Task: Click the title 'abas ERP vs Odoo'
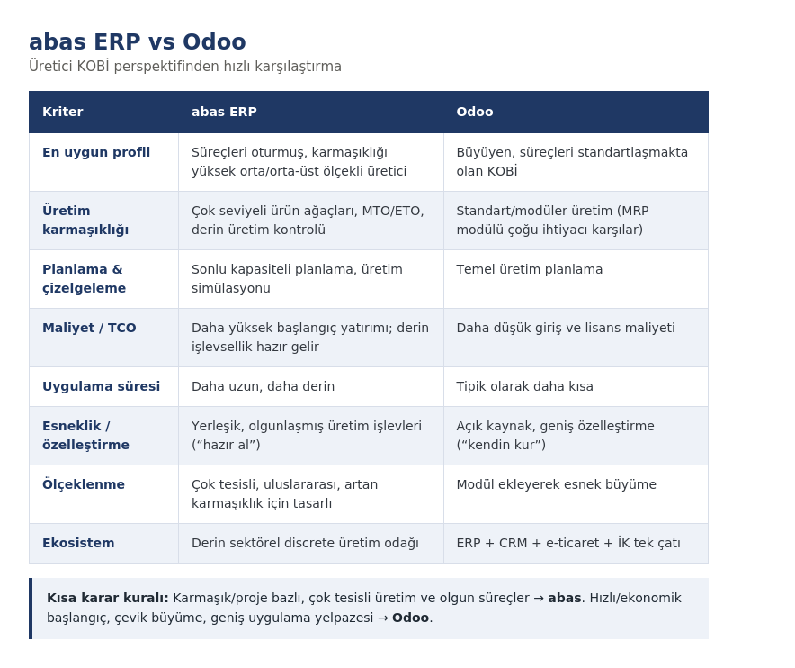pyautogui.click(x=138, y=41)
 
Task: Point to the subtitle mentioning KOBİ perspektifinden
pyautogui.click(x=185, y=67)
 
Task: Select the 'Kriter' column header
pyautogui.click(x=63, y=112)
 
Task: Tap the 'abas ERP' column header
pyautogui.click(x=224, y=112)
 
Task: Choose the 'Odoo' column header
pyautogui.click(x=475, y=112)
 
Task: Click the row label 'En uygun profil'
pyautogui.click(x=96, y=152)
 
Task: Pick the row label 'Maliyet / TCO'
pyautogui.click(x=89, y=328)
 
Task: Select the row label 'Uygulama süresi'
pyautogui.click(x=101, y=386)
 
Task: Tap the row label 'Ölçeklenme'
pyautogui.click(x=84, y=484)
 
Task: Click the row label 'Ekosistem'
pyautogui.click(x=78, y=543)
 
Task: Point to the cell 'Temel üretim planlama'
pyautogui.click(x=530, y=269)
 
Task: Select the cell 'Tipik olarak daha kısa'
pyautogui.click(x=525, y=386)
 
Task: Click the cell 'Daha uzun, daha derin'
pyautogui.click(x=264, y=386)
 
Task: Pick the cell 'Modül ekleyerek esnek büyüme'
pyautogui.click(x=556, y=484)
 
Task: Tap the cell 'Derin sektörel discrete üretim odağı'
pyautogui.click(x=305, y=543)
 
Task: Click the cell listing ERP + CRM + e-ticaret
pyautogui.click(x=568, y=543)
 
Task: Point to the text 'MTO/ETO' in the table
pyautogui.click(x=393, y=211)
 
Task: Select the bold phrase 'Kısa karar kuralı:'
pyautogui.click(x=108, y=598)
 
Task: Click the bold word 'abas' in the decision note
pyautogui.click(x=564, y=598)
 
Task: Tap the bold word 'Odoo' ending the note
pyautogui.click(x=411, y=618)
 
